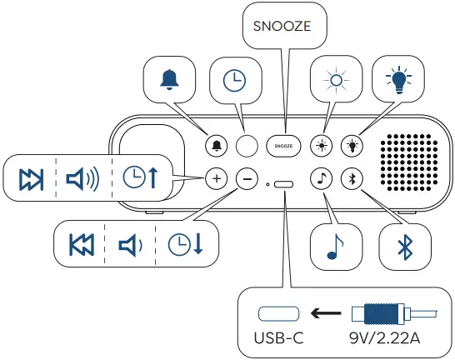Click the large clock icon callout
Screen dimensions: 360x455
(x=234, y=80)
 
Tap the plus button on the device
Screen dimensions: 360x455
(x=216, y=177)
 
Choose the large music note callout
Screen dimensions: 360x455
(x=334, y=243)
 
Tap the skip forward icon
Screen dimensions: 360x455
(x=32, y=178)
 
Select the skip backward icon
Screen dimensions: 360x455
(x=82, y=244)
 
